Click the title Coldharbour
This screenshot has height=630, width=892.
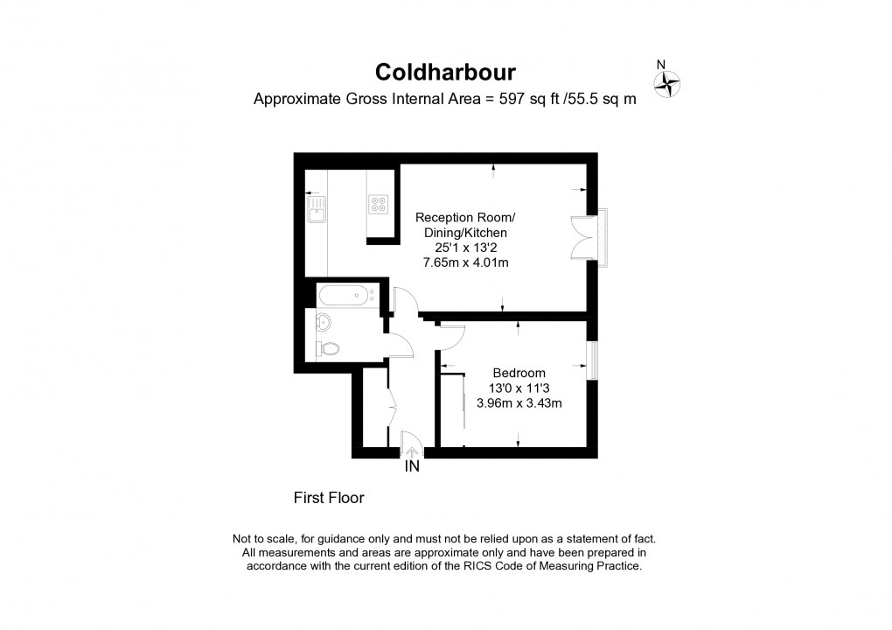click(x=445, y=73)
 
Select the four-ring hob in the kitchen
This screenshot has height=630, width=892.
click(x=379, y=204)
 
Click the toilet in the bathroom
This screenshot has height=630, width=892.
click(x=327, y=347)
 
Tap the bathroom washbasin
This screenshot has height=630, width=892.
click(x=323, y=322)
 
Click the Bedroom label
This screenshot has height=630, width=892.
click(x=519, y=374)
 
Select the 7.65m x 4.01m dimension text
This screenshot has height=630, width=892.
click(x=466, y=262)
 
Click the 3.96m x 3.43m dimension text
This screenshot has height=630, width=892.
click(x=519, y=403)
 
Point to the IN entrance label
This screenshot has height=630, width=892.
click(x=412, y=466)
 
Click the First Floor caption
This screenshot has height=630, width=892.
click(x=329, y=498)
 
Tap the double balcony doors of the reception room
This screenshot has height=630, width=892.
click(x=582, y=237)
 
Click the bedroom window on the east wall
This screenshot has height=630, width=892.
click(x=593, y=360)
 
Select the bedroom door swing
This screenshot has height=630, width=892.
click(x=452, y=338)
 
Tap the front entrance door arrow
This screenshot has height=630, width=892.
click(x=411, y=453)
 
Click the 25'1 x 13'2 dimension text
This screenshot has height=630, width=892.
click(x=466, y=248)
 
